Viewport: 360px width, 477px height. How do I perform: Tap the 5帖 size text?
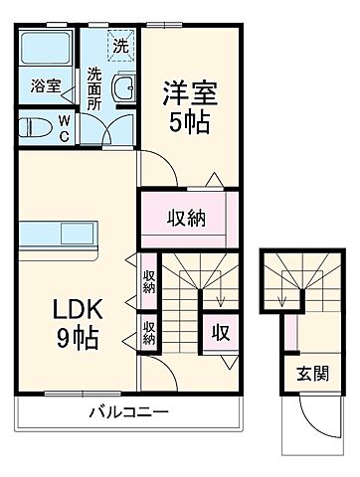190,124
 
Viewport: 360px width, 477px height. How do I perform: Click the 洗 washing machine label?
119,45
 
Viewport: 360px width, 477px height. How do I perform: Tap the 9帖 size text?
74,338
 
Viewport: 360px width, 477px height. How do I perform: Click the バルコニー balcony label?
125,411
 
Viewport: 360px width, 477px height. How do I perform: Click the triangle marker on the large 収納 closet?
215,180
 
